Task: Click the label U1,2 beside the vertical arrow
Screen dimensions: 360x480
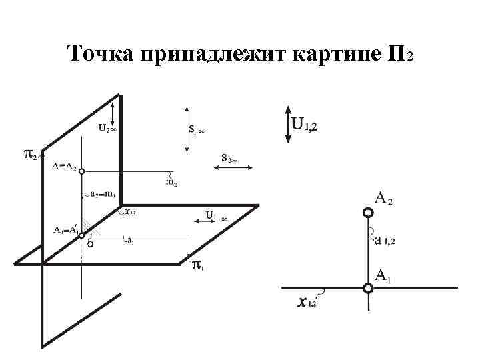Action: [x=305, y=125]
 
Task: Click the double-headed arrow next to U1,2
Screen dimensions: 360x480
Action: [x=287, y=123]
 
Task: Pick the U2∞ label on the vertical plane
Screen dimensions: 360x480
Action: [x=107, y=128]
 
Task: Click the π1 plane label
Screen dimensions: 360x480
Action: [x=198, y=267]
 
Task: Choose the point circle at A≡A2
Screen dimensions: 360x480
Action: [x=81, y=172]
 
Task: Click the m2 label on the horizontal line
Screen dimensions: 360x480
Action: [x=171, y=181]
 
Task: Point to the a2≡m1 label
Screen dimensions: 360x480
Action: [x=103, y=195]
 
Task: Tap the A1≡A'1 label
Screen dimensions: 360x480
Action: [x=66, y=229]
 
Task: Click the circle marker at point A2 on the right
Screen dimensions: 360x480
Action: [x=367, y=213]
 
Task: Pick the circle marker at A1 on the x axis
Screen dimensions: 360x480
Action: [x=367, y=288]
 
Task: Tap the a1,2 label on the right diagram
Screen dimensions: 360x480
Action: [x=385, y=240]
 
